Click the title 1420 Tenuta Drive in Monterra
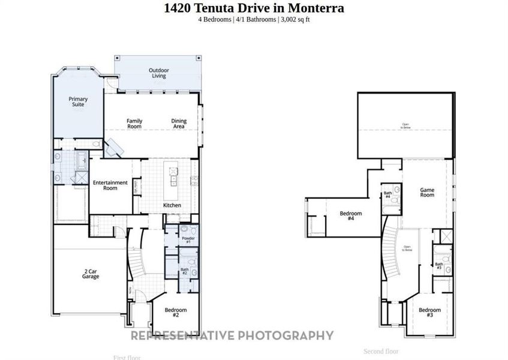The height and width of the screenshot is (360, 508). pos(254,8)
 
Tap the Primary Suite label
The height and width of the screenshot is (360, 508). pos(78,101)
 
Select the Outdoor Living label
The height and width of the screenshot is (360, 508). pos(159,73)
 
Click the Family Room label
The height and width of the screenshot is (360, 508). pos(134,124)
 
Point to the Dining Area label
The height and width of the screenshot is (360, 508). pos(179,124)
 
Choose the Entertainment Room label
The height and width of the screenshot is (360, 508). pos(110,185)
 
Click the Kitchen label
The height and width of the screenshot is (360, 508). pos(172,205)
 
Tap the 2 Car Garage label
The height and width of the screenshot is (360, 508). pos(91,275)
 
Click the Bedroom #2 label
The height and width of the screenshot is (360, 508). pos(176,312)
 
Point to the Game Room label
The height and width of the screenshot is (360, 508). pos(426,192)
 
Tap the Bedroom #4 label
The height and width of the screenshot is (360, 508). pos(351,216)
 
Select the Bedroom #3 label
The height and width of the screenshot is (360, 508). pos(429,312)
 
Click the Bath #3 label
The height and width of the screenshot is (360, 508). pos(439,266)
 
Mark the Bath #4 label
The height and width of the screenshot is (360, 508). pos(387,195)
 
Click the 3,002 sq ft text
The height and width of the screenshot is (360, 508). pos(294,19)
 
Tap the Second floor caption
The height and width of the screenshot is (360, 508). pos(381,351)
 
